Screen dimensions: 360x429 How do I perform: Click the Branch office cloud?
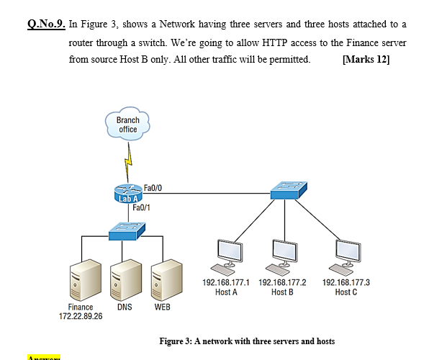(x=127, y=125)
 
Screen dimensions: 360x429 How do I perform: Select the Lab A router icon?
(x=129, y=194)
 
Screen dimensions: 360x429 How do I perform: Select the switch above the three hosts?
(x=289, y=191)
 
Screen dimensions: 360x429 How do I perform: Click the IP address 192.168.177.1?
(x=226, y=283)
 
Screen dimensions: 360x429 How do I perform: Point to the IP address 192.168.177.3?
(x=346, y=283)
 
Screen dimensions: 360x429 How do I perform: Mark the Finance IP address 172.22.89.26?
(x=81, y=316)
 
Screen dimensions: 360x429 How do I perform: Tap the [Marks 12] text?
(x=367, y=59)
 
